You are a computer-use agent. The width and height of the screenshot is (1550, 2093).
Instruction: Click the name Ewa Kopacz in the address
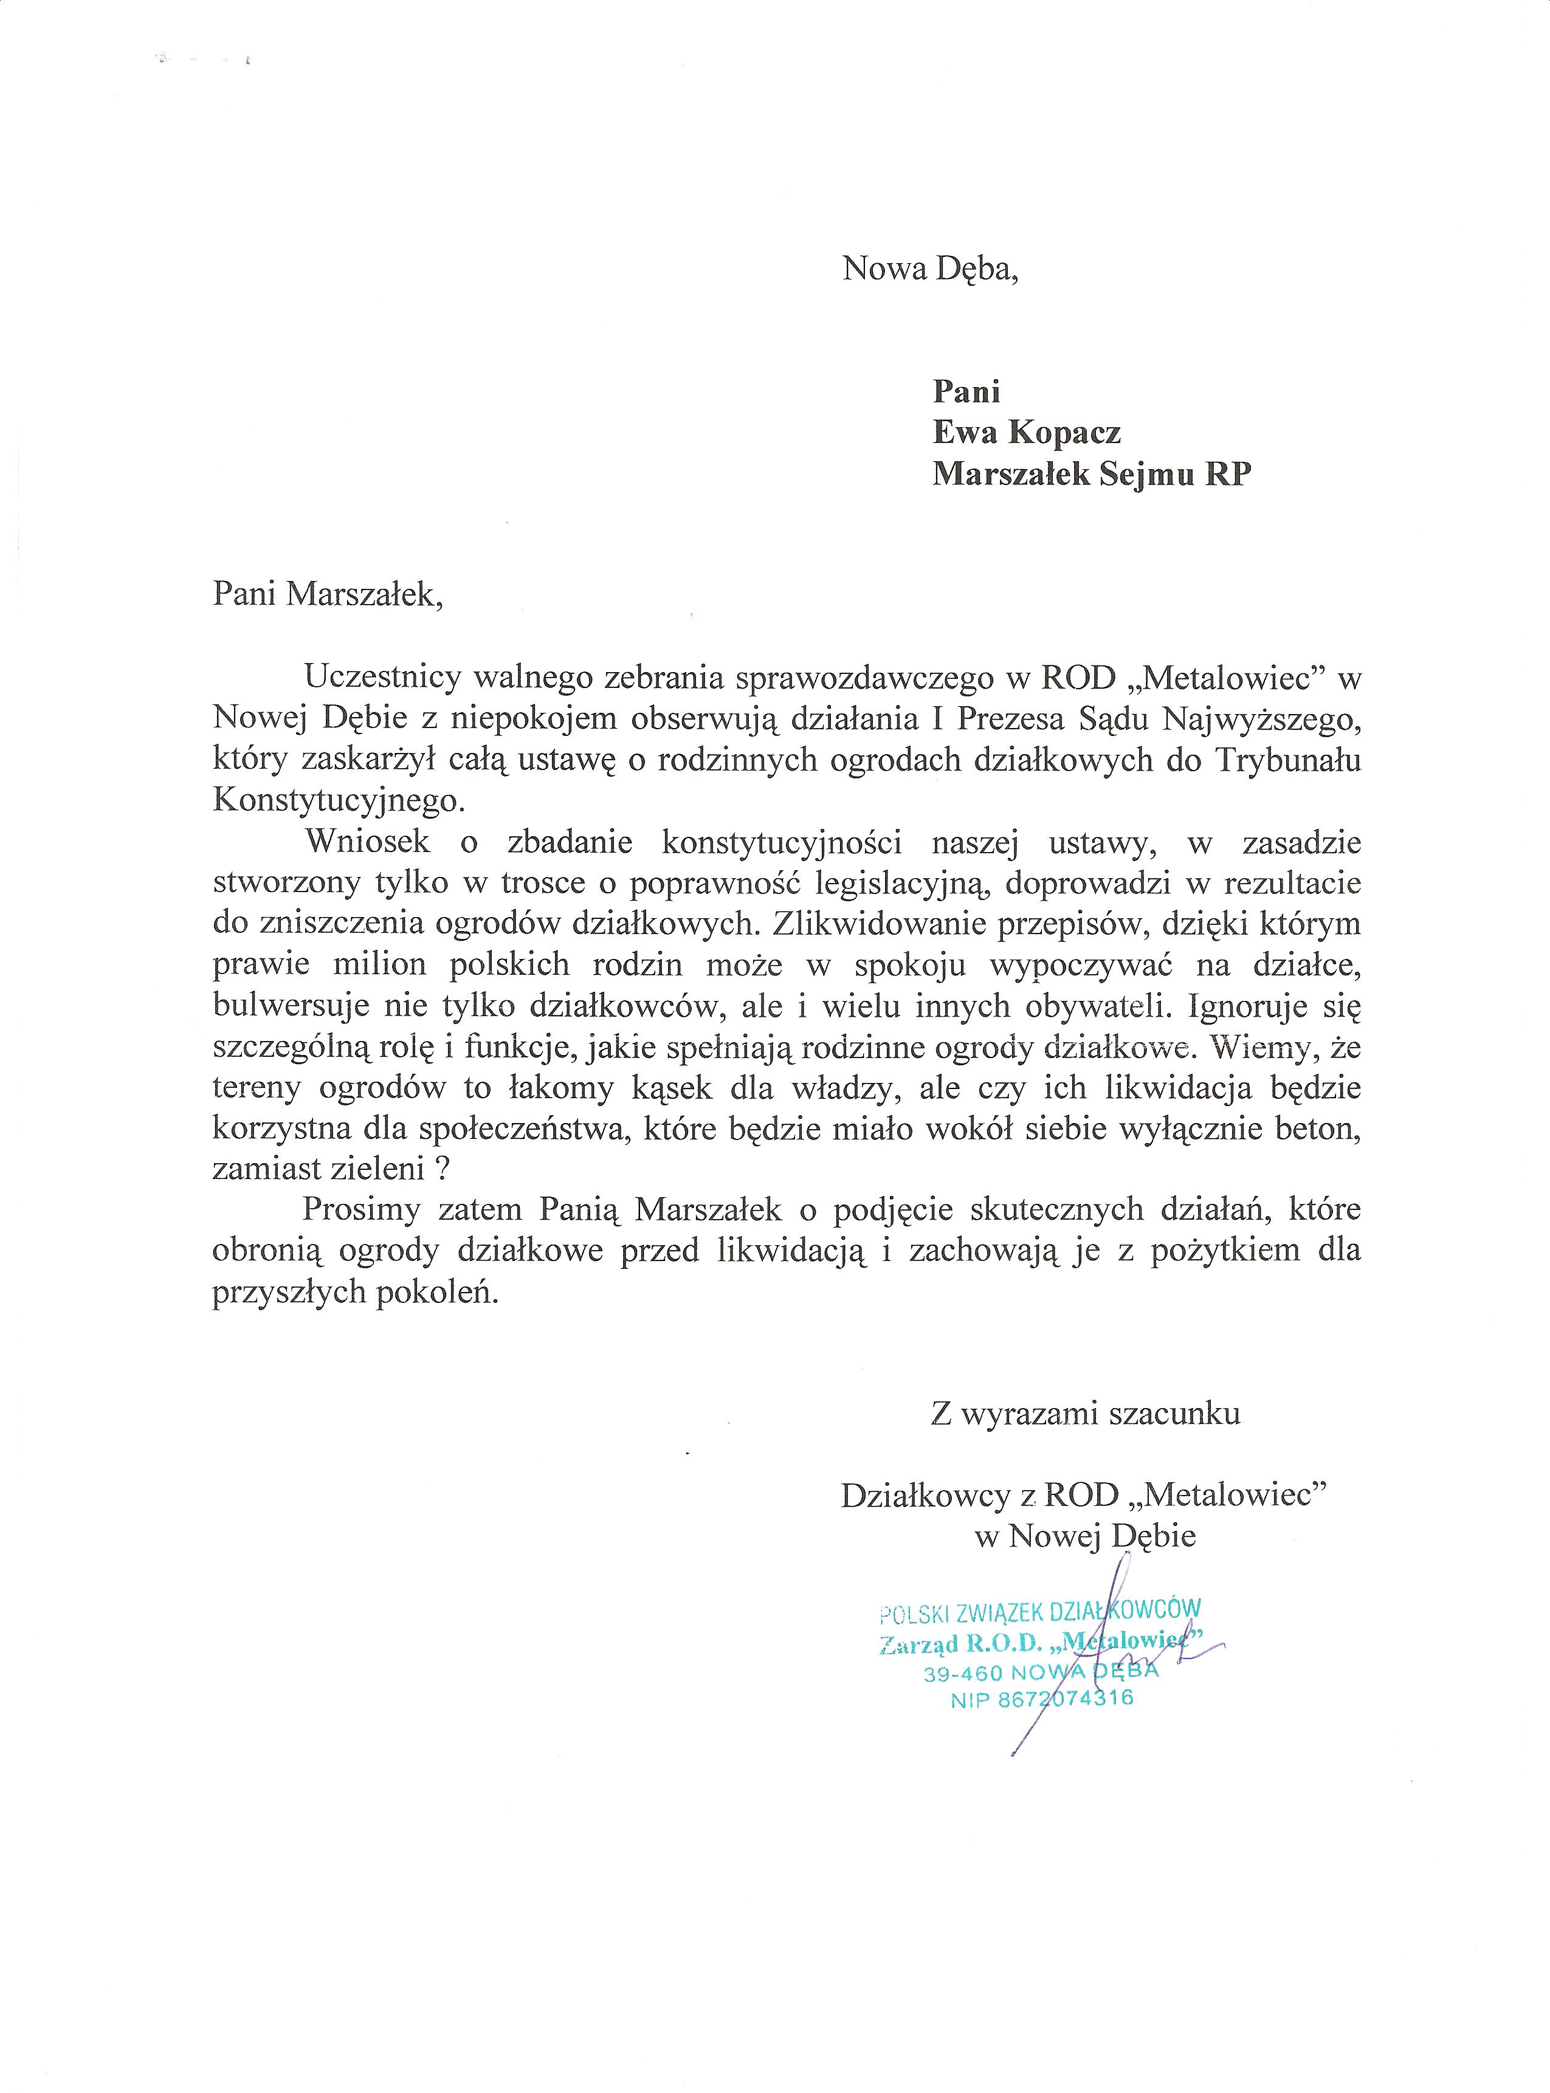1027,433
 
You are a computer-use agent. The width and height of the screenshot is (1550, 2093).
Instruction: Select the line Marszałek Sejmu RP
1091,475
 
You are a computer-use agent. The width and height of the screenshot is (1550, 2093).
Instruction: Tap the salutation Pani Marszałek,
328,595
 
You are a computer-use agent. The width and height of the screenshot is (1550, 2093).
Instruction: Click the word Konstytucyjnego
339,800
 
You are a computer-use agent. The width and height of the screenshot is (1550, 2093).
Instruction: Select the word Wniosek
368,842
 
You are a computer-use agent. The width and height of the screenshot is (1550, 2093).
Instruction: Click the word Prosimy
361,1210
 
